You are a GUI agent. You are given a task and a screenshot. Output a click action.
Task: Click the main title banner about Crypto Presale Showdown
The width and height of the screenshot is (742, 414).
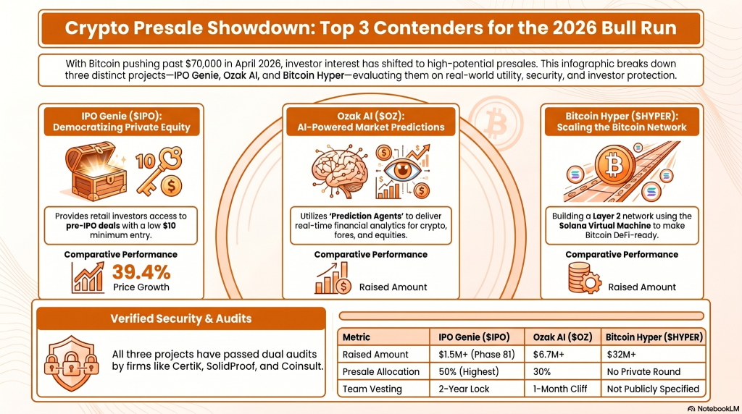pyautogui.click(x=371, y=28)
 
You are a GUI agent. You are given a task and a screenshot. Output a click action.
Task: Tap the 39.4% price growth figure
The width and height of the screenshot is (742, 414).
pyautogui.click(x=141, y=272)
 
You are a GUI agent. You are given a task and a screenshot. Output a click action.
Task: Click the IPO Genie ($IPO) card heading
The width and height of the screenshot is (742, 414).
pyautogui.click(x=120, y=121)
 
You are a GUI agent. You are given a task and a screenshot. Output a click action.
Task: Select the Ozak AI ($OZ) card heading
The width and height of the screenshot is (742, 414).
pyautogui.click(x=370, y=121)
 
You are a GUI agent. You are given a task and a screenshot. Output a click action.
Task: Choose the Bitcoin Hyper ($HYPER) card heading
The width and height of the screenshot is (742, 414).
pyautogui.click(x=622, y=121)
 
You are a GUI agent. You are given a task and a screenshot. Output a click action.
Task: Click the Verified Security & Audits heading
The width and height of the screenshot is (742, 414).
pyautogui.click(x=181, y=318)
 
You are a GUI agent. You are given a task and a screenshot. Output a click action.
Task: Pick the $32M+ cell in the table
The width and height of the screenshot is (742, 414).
pyautogui.click(x=622, y=355)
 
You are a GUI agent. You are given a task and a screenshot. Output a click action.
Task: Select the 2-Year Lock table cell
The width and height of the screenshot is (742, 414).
pyautogui.click(x=464, y=389)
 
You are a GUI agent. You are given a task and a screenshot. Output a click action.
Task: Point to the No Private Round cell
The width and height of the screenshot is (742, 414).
pyautogui.click(x=643, y=371)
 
